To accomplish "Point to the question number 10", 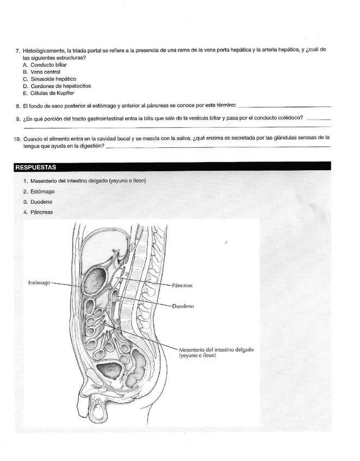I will (17, 139).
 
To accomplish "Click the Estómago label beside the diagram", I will (39, 283).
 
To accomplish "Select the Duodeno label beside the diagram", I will (183, 306).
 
